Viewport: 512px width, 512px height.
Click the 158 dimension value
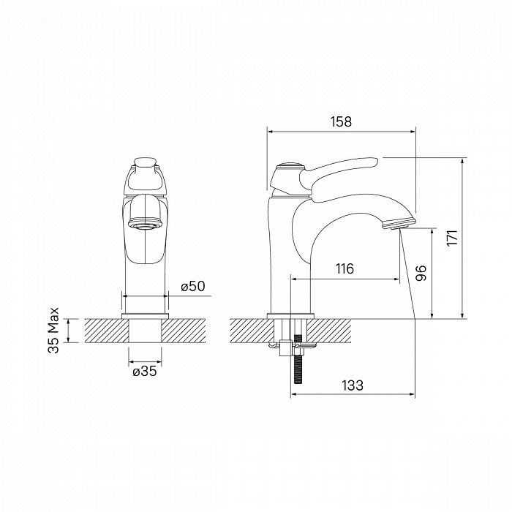[x=341, y=122]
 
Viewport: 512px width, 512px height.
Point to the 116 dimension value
[x=345, y=269]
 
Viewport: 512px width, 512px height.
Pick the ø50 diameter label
[x=192, y=286]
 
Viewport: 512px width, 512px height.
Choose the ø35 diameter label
[x=144, y=371]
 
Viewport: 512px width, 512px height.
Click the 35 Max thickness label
[x=53, y=331]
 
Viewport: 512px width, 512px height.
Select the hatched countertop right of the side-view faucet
[x=366, y=331]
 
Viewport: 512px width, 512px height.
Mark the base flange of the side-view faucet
[x=292, y=315]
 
